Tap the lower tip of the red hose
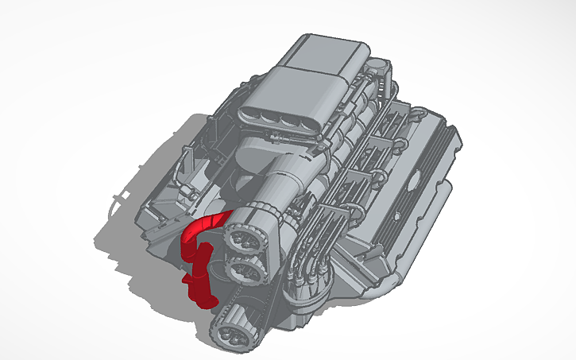(204, 301)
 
